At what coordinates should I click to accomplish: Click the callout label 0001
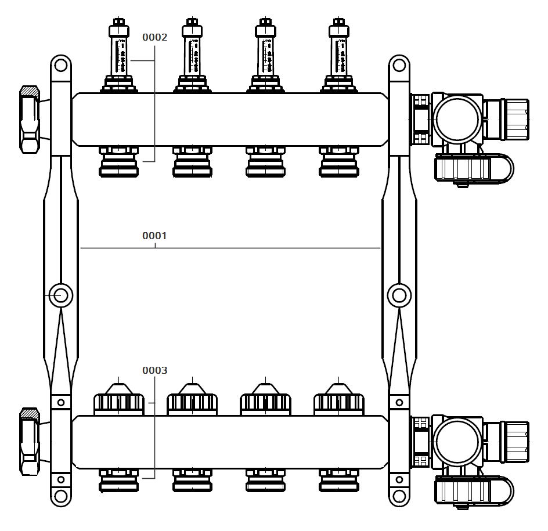click(x=154, y=236)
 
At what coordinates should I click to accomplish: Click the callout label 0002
click(x=154, y=37)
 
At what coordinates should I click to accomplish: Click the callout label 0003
click(x=154, y=370)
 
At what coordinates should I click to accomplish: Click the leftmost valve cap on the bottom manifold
click(x=119, y=401)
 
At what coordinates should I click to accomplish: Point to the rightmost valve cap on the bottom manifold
click(x=338, y=401)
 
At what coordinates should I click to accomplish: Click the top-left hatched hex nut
click(x=30, y=119)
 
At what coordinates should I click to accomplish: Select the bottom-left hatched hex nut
click(x=30, y=441)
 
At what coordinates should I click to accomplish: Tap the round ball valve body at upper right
click(x=457, y=120)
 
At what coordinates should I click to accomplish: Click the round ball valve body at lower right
click(x=457, y=441)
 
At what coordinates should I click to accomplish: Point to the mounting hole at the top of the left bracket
click(x=60, y=64)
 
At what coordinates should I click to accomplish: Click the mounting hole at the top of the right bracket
click(x=399, y=64)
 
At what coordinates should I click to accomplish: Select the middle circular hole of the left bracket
click(x=60, y=296)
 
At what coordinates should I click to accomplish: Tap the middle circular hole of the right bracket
click(x=399, y=296)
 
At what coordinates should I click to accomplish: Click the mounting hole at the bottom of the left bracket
click(x=60, y=497)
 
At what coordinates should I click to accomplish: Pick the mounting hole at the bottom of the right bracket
click(x=399, y=497)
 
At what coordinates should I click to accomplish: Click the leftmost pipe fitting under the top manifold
click(x=119, y=162)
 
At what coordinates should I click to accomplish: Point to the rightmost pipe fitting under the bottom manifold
click(x=338, y=481)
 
